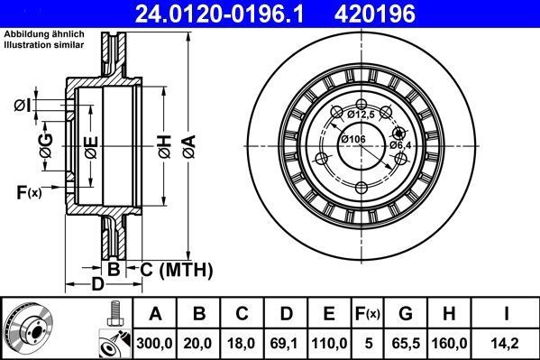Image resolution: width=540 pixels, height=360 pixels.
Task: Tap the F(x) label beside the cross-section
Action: (x=29, y=190)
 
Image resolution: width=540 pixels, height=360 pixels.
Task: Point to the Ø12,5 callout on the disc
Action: (x=360, y=114)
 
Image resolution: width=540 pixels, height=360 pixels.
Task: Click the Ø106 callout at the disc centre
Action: (x=353, y=139)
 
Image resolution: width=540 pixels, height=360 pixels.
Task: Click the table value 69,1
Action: (x=286, y=343)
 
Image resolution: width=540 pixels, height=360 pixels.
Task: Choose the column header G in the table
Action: (x=407, y=314)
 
